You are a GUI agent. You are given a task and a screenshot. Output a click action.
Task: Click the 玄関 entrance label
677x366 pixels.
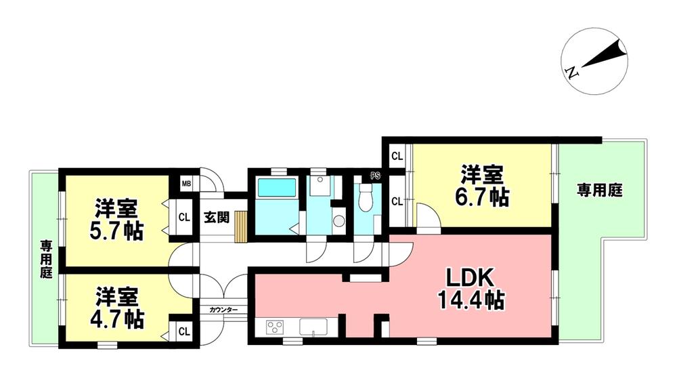click(217, 218)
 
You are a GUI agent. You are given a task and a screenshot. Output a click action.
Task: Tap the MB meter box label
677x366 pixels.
click(185, 183)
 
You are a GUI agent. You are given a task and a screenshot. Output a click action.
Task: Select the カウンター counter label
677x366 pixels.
click(223, 309)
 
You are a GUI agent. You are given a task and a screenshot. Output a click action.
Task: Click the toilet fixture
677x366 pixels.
click(366, 199)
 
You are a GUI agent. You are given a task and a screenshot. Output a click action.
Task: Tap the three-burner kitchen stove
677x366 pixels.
click(276, 327)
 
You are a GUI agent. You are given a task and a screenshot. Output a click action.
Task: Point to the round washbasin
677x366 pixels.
click(338, 221)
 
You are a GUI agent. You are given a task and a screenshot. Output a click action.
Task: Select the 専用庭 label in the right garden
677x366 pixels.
click(599, 191)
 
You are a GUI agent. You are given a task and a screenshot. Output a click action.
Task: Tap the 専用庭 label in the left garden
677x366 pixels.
click(45, 259)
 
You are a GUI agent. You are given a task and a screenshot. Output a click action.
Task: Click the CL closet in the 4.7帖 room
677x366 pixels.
click(183, 331)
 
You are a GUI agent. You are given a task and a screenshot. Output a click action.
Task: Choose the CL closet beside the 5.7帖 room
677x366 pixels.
click(183, 218)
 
